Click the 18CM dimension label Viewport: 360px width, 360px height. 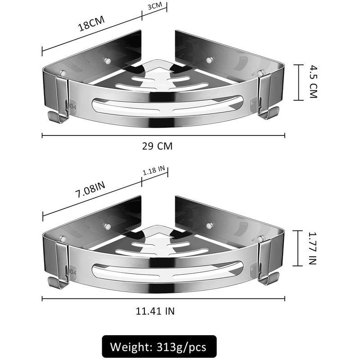(91, 23)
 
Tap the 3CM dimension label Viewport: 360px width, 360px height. (155, 6)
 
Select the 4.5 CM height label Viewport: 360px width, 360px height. (313, 82)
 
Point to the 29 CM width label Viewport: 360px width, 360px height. (157, 146)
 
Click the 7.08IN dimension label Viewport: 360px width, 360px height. (90, 189)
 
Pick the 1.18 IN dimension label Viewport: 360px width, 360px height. (154, 171)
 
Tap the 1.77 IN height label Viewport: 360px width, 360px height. (312, 248)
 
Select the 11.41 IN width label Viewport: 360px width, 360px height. (155, 311)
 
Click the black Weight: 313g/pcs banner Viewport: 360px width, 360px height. (159, 346)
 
